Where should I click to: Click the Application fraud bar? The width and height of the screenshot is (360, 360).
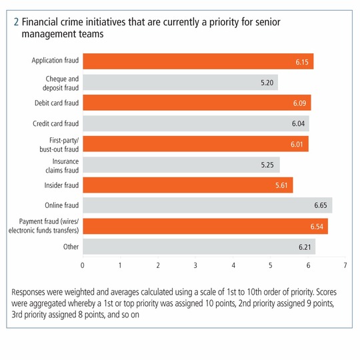198,61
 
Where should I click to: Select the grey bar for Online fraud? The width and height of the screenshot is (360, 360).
207,205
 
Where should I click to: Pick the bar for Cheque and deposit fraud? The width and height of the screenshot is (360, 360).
180,82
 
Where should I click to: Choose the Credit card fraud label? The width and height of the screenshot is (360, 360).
56,123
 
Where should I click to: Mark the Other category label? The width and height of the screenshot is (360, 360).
71,247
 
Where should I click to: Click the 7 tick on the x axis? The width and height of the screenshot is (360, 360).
345,265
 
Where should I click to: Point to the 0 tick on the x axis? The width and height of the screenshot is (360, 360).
82,265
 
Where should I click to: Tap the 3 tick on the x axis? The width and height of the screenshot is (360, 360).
195,265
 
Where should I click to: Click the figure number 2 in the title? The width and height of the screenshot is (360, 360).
16,22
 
